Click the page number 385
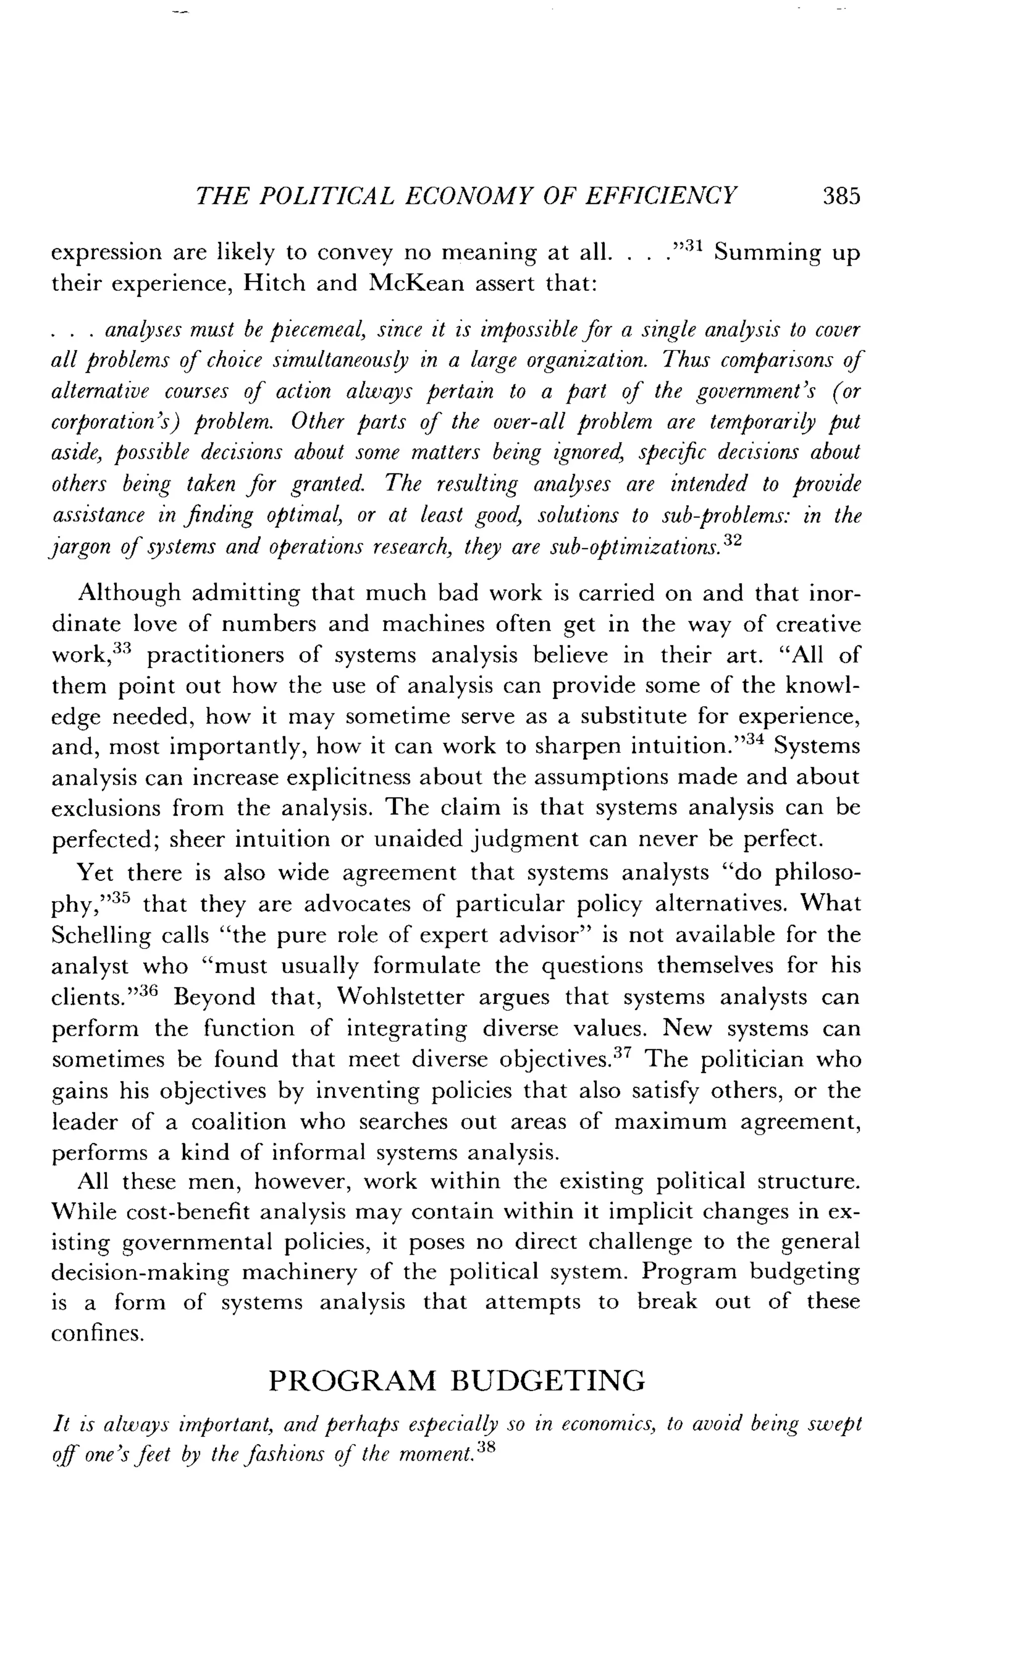click(841, 196)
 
